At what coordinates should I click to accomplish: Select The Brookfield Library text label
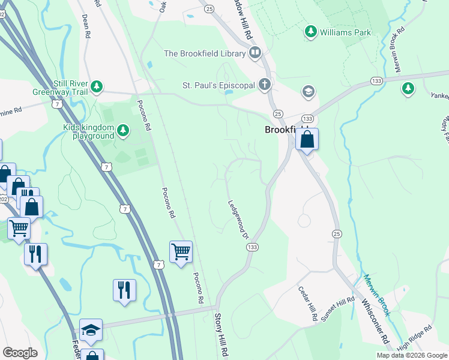[x=205, y=53]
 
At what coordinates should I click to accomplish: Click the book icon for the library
[x=256, y=53]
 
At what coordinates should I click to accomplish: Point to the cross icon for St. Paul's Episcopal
[x=265, y=85]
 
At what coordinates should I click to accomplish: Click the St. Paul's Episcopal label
[x=219, y=85]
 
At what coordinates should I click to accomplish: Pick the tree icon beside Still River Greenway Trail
[x=97, y=88]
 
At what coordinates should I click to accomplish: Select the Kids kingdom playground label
[x=89, y=131]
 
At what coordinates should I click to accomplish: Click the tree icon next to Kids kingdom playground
[x=123, y=130]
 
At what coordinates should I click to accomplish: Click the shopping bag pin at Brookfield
[x=306, y=140]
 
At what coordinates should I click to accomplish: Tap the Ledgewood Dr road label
[x=238, y=218]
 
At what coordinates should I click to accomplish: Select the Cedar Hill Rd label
[x=308, y=302]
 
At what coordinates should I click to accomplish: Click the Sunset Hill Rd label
[x=338, y=310]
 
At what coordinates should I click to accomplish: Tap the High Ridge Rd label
[x=415, y=338]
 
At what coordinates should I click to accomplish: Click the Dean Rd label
[x=85, y=26]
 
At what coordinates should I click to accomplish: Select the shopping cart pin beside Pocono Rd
[x=180, y=252]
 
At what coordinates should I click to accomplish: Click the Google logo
[x=20, y=353]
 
